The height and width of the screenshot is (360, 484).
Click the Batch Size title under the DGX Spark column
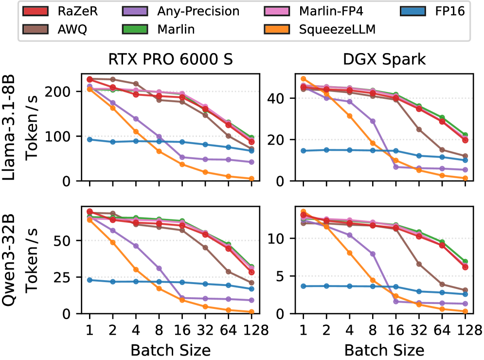(384, 350)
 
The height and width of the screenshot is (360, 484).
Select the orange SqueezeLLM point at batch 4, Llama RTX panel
(136, 132)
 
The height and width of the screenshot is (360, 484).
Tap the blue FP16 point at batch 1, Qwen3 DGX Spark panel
(303, 286)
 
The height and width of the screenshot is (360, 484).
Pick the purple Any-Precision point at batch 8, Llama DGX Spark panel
(373, 121)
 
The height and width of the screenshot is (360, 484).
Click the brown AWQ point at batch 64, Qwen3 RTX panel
(228, 272)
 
